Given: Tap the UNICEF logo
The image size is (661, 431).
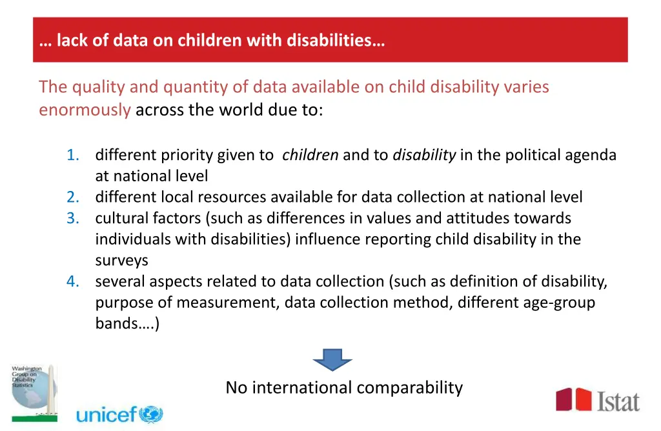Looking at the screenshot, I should [119, 414].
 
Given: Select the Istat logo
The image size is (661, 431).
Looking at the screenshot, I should [598, 400].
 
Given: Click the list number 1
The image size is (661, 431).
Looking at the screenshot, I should [73, 155].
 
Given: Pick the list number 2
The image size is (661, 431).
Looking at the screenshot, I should [73, 197].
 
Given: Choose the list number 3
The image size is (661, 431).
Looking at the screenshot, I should [73, 218].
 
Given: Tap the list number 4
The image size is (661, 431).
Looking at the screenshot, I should [73, 281].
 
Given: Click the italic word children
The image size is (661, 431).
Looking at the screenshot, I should [310, 155].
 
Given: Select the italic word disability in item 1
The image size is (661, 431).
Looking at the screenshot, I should [424, 155].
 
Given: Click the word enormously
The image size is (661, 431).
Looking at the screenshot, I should [85, 110].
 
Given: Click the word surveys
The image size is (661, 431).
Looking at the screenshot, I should [121, 261].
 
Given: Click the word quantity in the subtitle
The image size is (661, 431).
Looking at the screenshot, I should [197, 86].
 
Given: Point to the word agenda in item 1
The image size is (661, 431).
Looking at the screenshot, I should [593, 155].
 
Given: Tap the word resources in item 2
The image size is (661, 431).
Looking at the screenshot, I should [234, 197].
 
